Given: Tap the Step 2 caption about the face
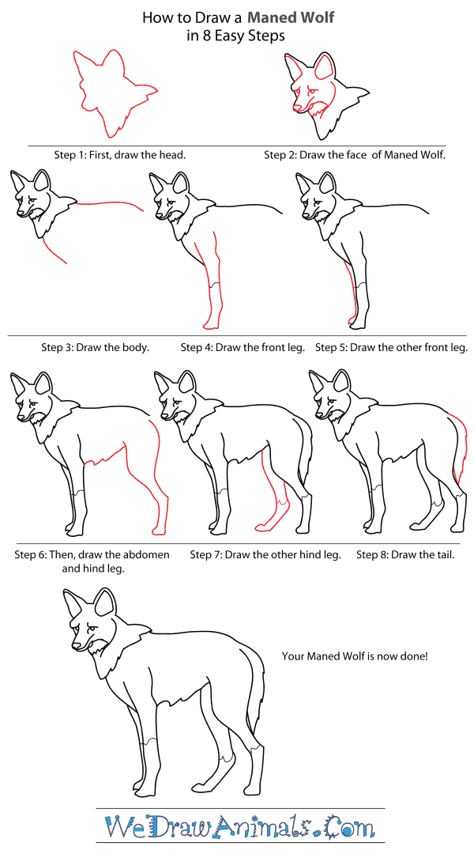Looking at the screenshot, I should point(355,155).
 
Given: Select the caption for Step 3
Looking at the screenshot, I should point(95,347).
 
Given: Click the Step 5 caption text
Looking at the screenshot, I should point(391,347).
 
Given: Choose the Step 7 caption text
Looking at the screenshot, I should point(265,554).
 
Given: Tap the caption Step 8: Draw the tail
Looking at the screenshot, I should point(405,554).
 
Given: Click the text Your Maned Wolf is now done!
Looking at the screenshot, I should point(355,656).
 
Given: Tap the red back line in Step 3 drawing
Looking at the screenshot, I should point(111,203).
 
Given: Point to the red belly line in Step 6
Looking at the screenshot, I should point(111,454).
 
